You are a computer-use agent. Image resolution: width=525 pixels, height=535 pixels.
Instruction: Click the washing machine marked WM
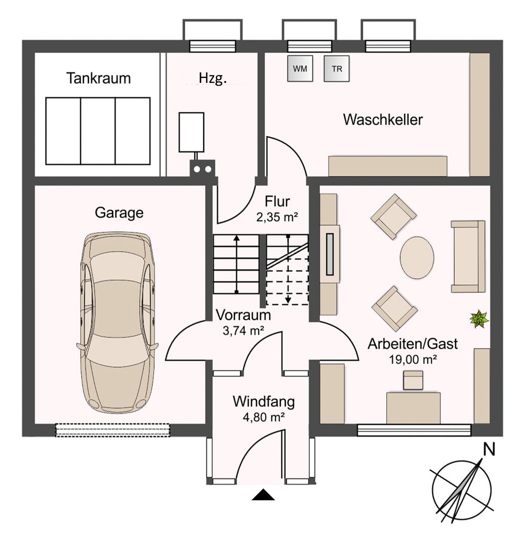coord(300,69)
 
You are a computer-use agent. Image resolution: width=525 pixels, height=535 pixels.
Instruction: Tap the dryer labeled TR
coord(337,69)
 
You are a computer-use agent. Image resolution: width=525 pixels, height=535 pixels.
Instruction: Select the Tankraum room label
coord(98,78)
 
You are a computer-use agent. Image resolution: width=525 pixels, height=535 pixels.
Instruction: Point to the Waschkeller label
coord(383,120)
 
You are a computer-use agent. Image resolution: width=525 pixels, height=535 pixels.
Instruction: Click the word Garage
coord(119,213)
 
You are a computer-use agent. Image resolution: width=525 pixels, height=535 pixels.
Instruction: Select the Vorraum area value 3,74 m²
coord(243,331)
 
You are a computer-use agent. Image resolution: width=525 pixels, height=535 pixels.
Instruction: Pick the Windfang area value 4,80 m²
coord(264,417)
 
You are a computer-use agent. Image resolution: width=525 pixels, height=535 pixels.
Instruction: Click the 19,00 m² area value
coord(413,359)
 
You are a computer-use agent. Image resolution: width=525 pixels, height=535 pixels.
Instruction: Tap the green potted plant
coord(479,320)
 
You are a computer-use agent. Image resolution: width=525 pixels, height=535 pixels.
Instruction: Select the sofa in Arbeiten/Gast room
coord(468,256)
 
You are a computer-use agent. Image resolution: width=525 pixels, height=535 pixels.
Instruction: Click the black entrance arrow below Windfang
coord(263,494)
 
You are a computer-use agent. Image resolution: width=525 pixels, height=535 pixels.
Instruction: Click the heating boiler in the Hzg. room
coord(192,132)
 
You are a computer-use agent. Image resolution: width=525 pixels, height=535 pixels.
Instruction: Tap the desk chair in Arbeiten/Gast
coord(413,380)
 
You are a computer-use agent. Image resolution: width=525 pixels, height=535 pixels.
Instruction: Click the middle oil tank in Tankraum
coord(98,131)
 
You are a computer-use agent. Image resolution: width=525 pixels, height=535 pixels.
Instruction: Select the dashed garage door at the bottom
coord(113,430)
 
